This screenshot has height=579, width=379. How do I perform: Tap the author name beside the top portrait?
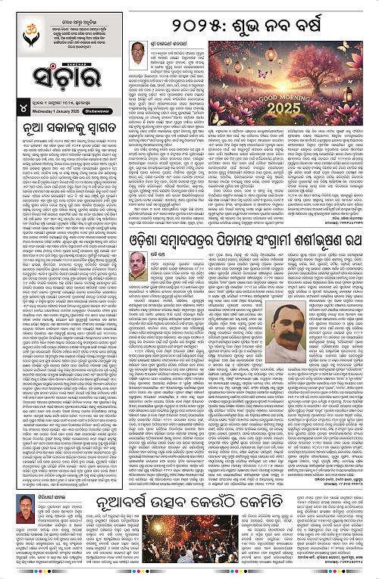pyautogui.click(x=174, y=45)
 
